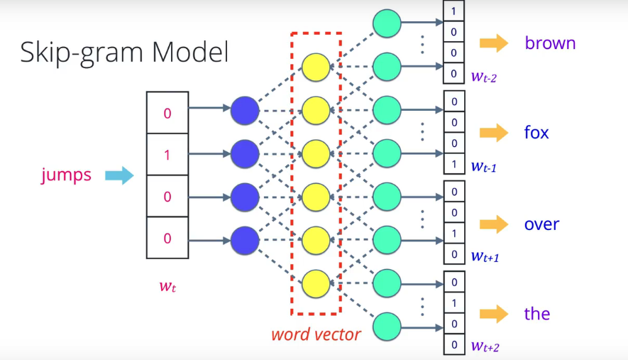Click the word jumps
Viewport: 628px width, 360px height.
66,175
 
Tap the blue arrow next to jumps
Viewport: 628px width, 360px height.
119,175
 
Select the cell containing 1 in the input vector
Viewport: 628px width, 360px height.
167,154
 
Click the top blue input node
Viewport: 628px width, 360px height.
245,109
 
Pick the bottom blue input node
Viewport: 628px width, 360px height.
245,238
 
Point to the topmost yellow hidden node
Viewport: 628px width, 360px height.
316,67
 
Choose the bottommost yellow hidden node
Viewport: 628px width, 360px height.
316,284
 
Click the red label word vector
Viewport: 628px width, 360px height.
316,334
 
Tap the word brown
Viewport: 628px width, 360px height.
550,43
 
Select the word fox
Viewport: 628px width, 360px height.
536,133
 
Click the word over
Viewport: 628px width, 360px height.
541,224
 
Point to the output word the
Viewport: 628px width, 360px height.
537,314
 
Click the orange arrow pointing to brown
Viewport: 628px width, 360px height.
494,43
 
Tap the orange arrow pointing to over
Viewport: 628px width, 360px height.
494,224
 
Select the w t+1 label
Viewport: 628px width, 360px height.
485,256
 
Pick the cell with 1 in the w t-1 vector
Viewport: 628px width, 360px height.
453,164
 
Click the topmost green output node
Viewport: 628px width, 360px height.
387,23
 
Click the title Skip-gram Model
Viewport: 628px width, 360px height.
124,53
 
